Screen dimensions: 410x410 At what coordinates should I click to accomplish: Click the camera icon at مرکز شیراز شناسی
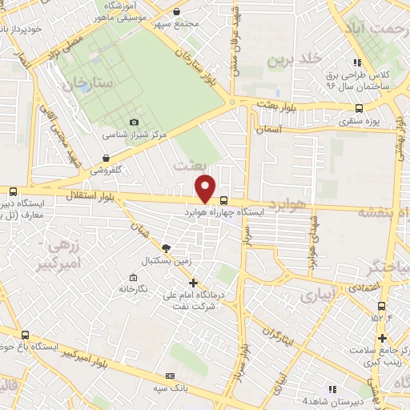[134, 122]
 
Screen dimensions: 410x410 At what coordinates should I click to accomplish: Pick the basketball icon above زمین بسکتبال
[166, 248]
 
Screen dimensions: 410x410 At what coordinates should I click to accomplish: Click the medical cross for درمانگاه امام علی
[192, 283]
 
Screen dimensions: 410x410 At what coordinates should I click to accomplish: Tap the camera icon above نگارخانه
[123, 275]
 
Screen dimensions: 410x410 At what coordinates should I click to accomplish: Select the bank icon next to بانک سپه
[169, 376]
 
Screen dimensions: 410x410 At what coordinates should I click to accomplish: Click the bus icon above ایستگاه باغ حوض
[26, 336]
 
